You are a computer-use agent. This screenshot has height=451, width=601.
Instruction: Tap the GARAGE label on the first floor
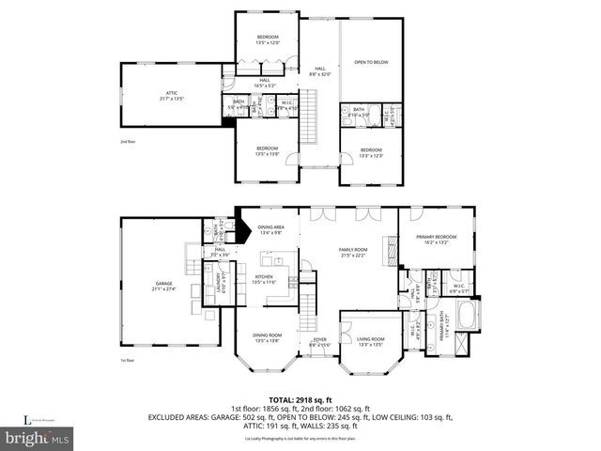(164, 282)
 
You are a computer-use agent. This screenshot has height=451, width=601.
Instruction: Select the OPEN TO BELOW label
(371, 62)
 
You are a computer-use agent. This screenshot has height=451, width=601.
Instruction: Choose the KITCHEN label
(264, 276)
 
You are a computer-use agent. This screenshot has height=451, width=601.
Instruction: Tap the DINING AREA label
(271, 227)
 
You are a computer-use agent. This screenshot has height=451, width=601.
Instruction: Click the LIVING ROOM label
(369, 338)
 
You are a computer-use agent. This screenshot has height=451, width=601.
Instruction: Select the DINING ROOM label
(267, 334)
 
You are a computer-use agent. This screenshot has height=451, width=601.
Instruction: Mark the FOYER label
(319, 339)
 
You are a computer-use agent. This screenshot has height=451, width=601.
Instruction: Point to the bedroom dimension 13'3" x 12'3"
(371, 156)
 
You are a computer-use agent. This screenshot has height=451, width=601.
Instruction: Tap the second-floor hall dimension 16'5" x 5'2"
(265, 86)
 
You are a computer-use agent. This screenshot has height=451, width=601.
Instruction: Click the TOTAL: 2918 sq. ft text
(300, 399)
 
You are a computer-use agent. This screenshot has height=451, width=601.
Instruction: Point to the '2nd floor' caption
(129, 142)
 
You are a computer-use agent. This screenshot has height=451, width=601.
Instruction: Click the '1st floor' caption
(128, 360)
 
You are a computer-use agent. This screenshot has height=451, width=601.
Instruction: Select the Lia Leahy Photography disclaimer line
(300, 440)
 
